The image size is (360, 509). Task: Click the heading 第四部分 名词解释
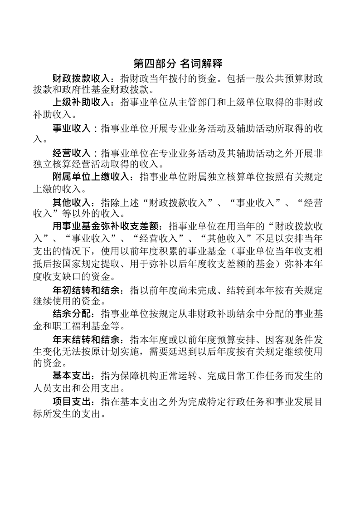pyautogui.click(x=180, y=63)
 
